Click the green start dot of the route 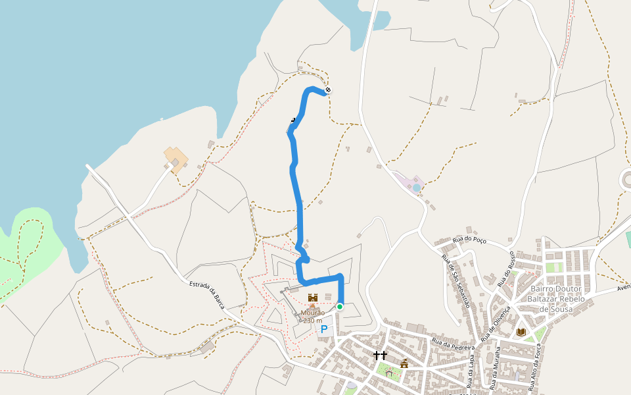[x=339, y=307]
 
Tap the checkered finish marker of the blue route [x=328, y=90]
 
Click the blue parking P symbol [x=323, y=329]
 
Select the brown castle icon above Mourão [x=312, y=298]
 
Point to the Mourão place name [x=313, y=313]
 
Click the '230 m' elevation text [x=313, y=321]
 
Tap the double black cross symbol [x=380, y=355]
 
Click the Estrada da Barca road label [x=208, y=296]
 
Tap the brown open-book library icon [x=521, y=332]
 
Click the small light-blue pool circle [x=416, y=188]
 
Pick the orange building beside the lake [x=175, y=159]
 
